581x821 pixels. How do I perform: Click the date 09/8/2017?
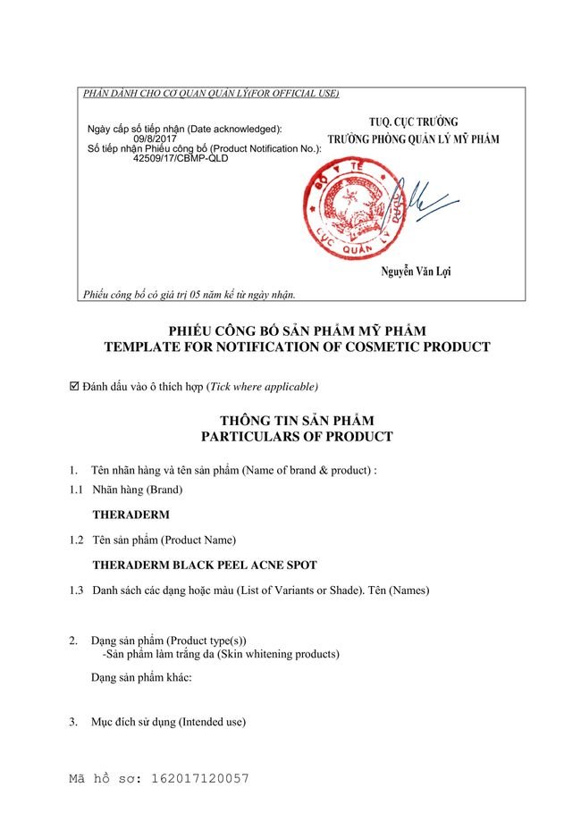tap(155, 138)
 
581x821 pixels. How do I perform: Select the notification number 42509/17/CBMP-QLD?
tap(180, 157)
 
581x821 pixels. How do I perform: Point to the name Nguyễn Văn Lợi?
tap(415, 272)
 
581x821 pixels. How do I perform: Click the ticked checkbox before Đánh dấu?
tap(74, 387)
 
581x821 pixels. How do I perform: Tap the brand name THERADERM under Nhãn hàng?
tap(131, 515)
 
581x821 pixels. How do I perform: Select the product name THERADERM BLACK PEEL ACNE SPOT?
tap(205, 565)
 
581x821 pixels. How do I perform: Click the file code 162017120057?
tap(198, 779)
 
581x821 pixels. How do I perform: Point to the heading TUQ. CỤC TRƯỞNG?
tap(413, 121)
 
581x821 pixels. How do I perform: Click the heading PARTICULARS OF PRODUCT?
tap(296, 437)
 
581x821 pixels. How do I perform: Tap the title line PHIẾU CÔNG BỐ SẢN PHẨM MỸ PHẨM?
tap(297, 331)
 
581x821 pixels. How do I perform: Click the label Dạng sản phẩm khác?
tap(142, 676)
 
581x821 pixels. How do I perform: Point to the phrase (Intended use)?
tap(212, 721)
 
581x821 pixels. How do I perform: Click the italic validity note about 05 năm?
tap(189, 293)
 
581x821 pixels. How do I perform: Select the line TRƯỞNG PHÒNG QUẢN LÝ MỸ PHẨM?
tap(413, 138)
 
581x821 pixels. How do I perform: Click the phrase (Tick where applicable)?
tap(262, 387)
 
